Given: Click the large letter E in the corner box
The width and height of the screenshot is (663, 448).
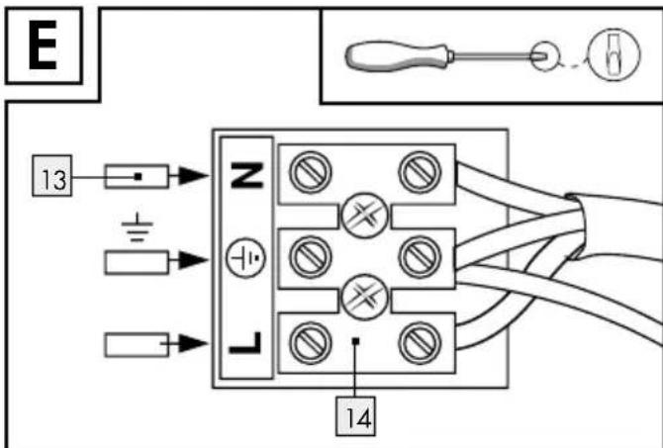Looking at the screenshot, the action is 43,45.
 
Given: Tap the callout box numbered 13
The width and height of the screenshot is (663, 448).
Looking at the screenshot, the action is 52,175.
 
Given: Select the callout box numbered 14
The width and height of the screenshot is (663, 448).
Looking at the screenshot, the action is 355,416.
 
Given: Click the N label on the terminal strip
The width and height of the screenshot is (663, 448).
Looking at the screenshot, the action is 247,174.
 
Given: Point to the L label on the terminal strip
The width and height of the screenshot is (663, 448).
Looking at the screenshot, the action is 245,343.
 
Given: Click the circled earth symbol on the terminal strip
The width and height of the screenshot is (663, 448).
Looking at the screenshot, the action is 245,258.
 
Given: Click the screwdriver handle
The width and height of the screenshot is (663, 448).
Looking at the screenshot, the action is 397,55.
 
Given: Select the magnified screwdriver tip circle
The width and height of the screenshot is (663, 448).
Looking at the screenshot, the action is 615,54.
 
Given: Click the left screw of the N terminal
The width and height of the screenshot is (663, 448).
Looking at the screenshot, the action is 311,172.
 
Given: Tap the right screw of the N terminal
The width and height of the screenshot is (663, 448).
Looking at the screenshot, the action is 420,172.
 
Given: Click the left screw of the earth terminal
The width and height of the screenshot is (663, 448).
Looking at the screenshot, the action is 311,257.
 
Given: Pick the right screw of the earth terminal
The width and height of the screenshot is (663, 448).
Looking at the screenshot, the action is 420,257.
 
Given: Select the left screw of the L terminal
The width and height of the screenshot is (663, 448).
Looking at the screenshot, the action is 311,343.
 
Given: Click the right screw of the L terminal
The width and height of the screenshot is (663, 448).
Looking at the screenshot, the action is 420,343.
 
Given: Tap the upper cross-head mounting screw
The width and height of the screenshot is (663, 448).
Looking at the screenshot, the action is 364,216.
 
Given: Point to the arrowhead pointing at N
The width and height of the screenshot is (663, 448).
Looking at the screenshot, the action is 193,175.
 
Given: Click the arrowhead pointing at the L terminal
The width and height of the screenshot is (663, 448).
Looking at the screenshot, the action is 193,343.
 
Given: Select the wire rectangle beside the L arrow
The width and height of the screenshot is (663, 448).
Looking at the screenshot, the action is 137,344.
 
